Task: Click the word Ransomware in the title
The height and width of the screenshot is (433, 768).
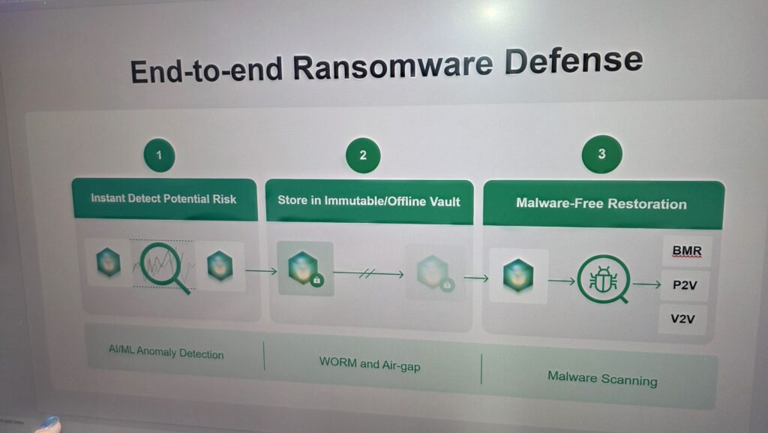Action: pyautogui.click(x=392, y=65)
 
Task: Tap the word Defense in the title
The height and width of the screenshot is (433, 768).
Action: pyautogui.click(x=574, y=62)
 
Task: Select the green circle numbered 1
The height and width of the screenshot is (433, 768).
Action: pyautogui.click(x=159, y=155)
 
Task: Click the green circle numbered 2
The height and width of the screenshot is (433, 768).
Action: pyautogui.click(x=363, y=155)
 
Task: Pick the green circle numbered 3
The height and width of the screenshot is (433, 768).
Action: pyautogui.click(x=602, y=154)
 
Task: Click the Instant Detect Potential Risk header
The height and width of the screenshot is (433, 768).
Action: pyautogui.click(x=164, y=199)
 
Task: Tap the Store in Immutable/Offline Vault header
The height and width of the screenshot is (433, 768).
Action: pyautogui.click(x=369, y=201)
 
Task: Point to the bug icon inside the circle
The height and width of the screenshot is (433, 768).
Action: pyautogui.click(x=603, y=280)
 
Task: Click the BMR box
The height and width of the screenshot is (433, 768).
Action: pyautogui.click(x=687, y=251)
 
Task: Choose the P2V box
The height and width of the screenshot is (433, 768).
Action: pyautogui.click(x=685, y=285)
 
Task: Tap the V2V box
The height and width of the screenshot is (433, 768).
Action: pyautogui.click(x=682, y=319)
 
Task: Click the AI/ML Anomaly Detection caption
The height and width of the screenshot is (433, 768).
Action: pyautogui.click(x=166, y=352)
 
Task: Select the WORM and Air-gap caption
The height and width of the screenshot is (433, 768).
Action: pyautogui.click(x=370, y=364)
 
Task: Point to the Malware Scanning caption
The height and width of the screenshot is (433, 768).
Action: pyautogui.click(x=602, y=379)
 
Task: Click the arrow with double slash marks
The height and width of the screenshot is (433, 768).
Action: pyautogui.click(x=368, y=274)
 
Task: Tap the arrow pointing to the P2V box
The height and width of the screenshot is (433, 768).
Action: pyautogui.click(x=647, y=284)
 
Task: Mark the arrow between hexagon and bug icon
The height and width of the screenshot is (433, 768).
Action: pyautogui.click(x=562, y=281)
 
